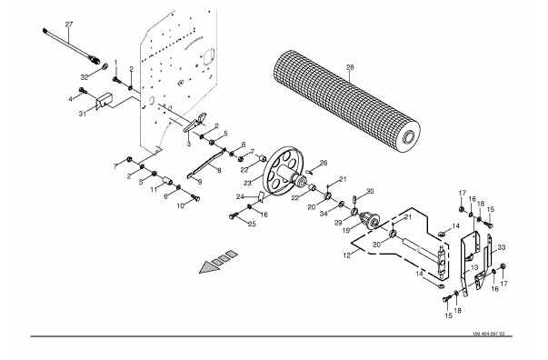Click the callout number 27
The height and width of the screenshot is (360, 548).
click(x=69, y=25)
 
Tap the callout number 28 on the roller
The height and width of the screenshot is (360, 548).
click(x=350, y=67)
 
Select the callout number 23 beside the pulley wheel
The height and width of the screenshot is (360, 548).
click(x=247, y=183)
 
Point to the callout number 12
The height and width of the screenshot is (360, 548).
click(x=346, y=255)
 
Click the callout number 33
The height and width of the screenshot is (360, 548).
click(x=502, y=248)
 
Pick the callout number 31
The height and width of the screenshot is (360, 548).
click(x=83, y=114)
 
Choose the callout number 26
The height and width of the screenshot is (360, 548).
click(x=324, y=163)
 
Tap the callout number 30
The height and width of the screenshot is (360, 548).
click(x=370, y=191)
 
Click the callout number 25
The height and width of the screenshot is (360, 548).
click(x=252, y=224)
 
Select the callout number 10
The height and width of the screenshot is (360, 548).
click(x=180, y=206)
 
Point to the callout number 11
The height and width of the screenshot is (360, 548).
click(x=154, y=190)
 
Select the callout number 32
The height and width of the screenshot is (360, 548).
click(x=85, y=77)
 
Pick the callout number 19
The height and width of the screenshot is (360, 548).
click(x=346, y=231)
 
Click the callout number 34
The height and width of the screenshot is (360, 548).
click(x=324, y=214)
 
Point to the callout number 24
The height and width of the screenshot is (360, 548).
click(x=240, y=196)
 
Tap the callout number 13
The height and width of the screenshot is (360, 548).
click(x=474, y=268)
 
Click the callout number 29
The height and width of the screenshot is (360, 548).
click(x=338, y=223)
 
